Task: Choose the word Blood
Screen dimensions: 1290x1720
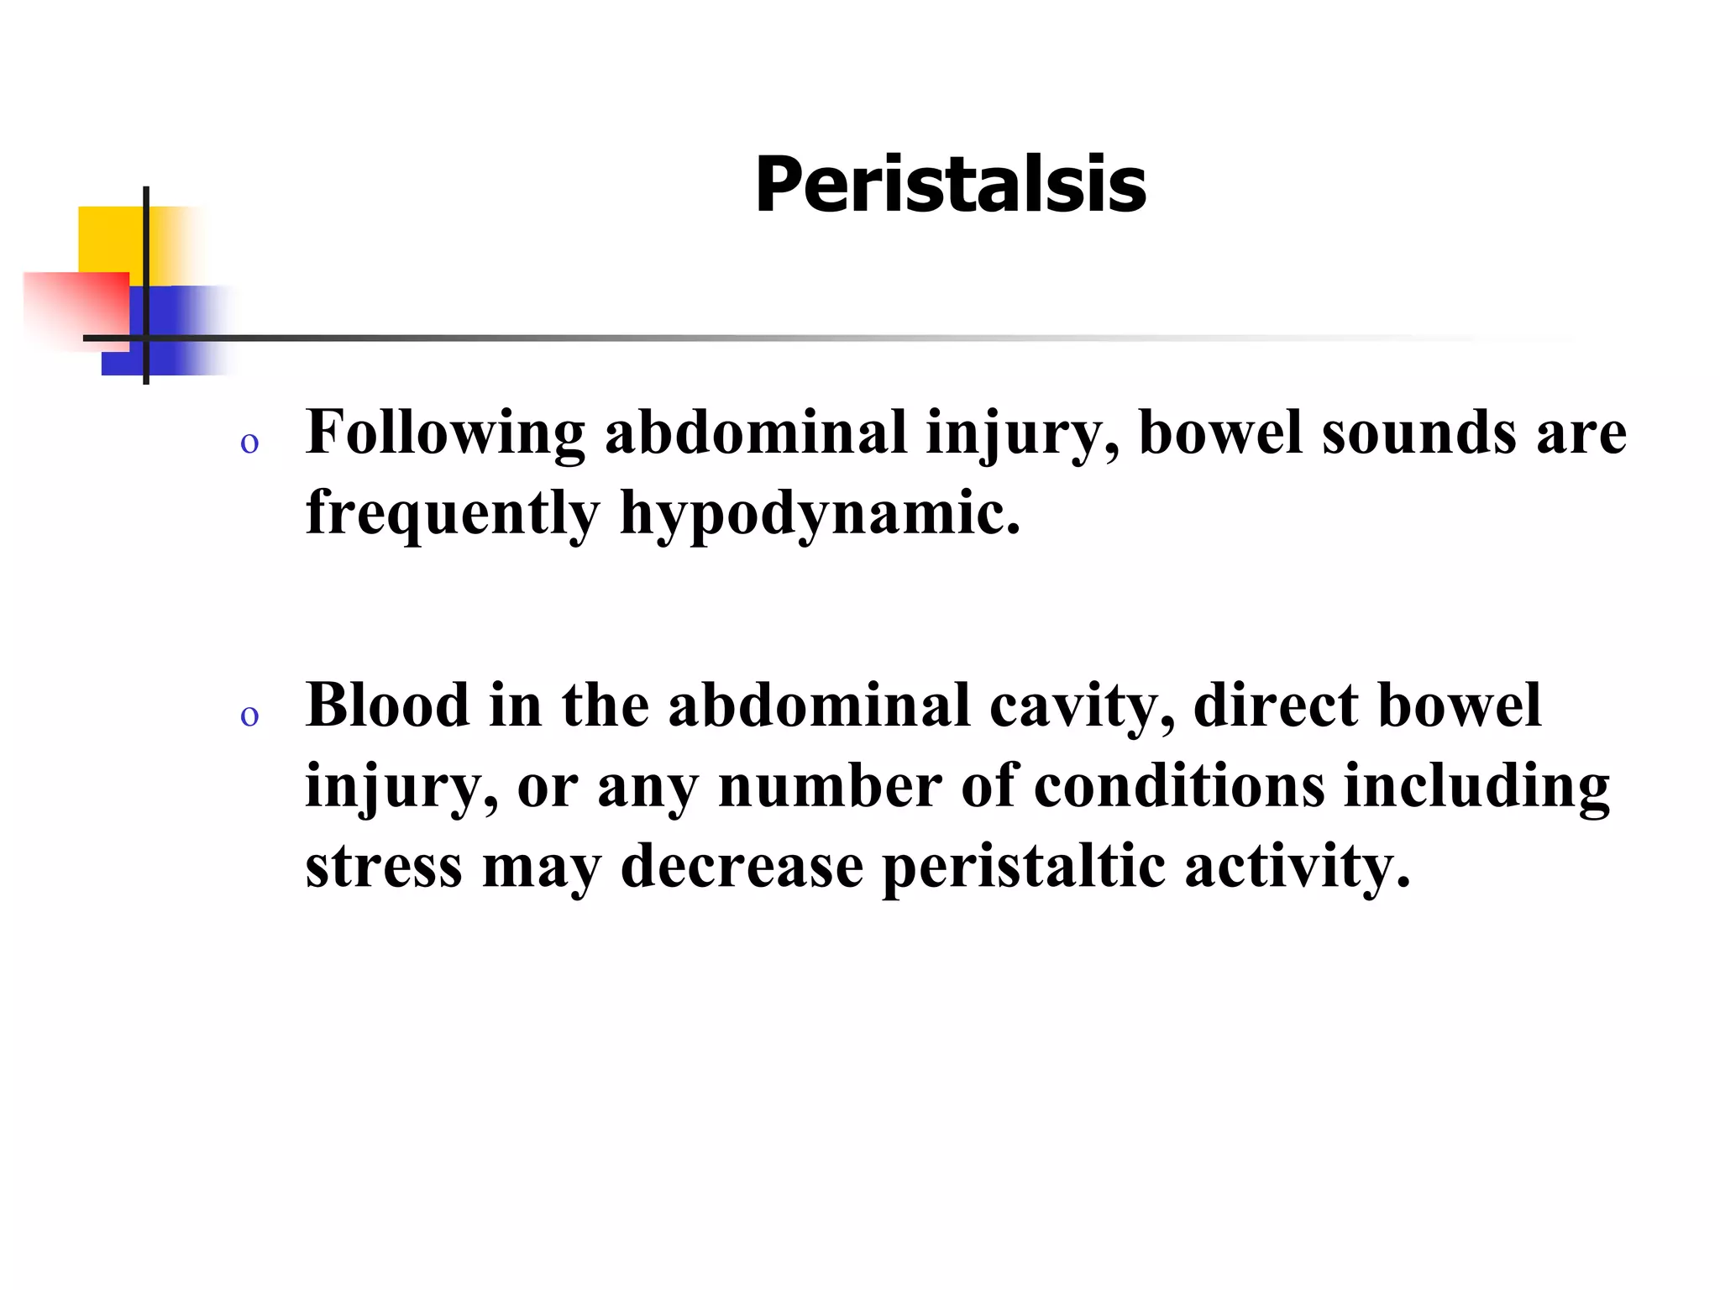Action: [387, 705]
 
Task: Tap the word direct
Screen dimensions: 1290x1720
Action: [1276, 705]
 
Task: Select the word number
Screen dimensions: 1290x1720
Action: [830, 786]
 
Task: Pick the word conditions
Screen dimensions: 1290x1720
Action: [1178, 786]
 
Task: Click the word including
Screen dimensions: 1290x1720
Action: [1476, 788]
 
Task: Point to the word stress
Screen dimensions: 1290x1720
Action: [383, 866]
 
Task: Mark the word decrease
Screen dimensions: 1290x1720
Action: [742, 866]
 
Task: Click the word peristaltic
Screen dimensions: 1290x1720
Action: [1024, 866]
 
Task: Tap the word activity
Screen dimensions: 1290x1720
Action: [1298, 868]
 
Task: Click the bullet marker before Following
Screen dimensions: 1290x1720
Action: [249, 443]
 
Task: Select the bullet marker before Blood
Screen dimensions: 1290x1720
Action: [249, 716]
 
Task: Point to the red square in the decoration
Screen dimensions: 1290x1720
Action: [76, 307]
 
